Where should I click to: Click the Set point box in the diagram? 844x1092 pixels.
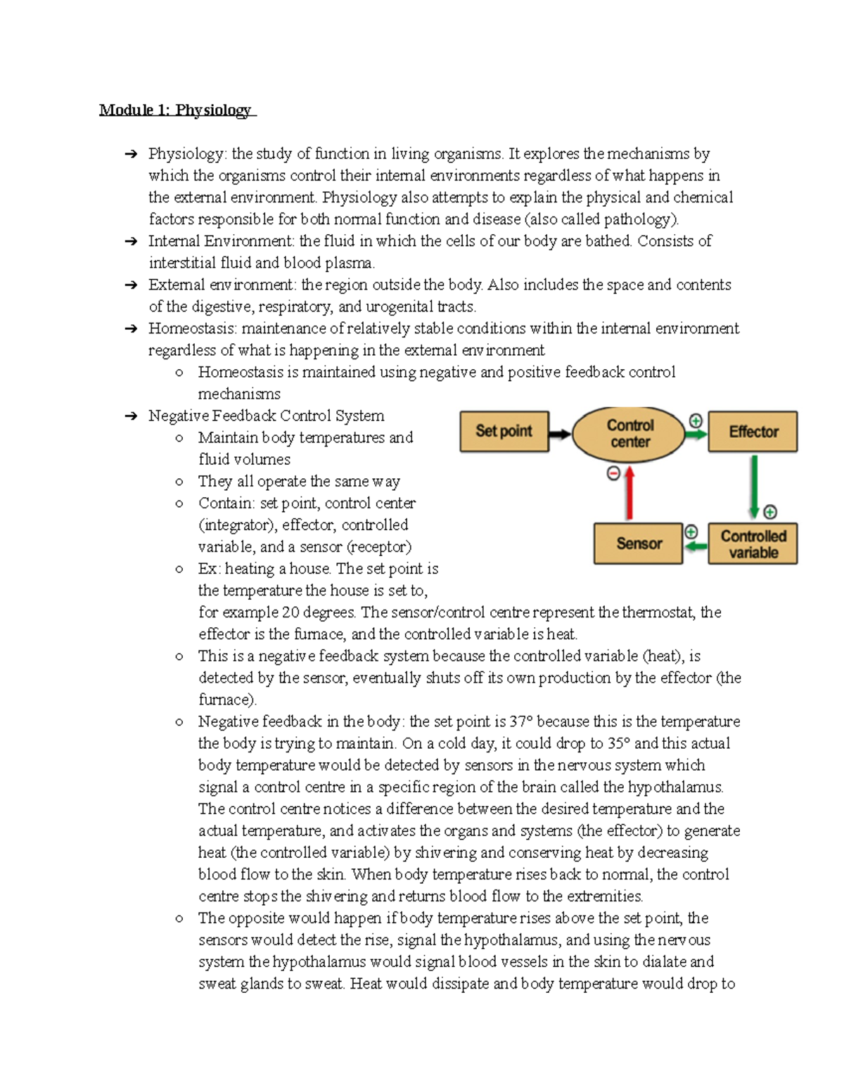tap(504, 431)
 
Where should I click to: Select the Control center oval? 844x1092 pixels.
tap(629, 433)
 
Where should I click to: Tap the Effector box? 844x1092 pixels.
tap(753, 431)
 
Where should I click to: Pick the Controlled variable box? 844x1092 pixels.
tap(753, 544)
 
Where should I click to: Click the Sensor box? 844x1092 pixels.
tap(638, 544)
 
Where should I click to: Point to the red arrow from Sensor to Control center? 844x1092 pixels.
tap(629, 495)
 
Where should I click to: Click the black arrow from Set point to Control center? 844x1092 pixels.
tap(560, 434)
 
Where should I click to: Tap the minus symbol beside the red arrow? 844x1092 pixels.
tap(613, 474)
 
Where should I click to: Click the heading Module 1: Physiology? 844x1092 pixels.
tap(176, 110)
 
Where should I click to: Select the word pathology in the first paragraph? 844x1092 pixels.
tap(641, 219)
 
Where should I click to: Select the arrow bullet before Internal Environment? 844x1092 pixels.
tap(131, 242)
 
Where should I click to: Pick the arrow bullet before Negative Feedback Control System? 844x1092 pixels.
tap(131, 416)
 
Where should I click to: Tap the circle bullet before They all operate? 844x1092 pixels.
tap(179, 482)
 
